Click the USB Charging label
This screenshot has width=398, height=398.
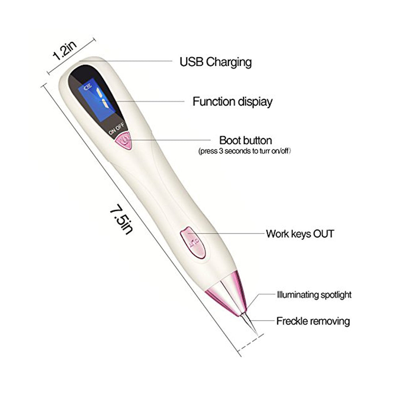pyautogui.click(x=215, y=62)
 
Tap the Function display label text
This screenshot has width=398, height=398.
pyautogui.click(x=232, y=102)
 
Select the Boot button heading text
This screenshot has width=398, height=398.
pyautogui.click(x=246, y=140)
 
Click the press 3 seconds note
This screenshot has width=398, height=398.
pyautogui.click(x=245, y=151)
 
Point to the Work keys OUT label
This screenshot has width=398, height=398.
pyautogui.click(x=300, y=234)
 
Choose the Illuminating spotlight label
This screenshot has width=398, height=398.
pyautogui.click(x=314, y=295)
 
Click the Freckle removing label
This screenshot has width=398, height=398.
pyautogui.click(x=313, y=321)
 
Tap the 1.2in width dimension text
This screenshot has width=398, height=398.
pyautogui.click(x=64, y=52)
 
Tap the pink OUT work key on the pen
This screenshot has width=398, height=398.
pyautogui.click(x=192, y=243)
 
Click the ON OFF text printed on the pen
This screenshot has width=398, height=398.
pyautogui.click(x=116, y=129)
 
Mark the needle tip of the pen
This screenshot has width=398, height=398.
pyautogui.click(x=258, y=335)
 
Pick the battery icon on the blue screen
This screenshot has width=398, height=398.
pyautogui.click(x=88, y=88)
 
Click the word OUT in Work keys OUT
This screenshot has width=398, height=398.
pyautogui.click(x=323, y=234)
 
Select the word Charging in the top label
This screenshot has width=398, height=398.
pyautogui.click(x=229, y=62)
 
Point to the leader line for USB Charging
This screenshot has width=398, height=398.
pyautogui.click(x=125, y=61)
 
